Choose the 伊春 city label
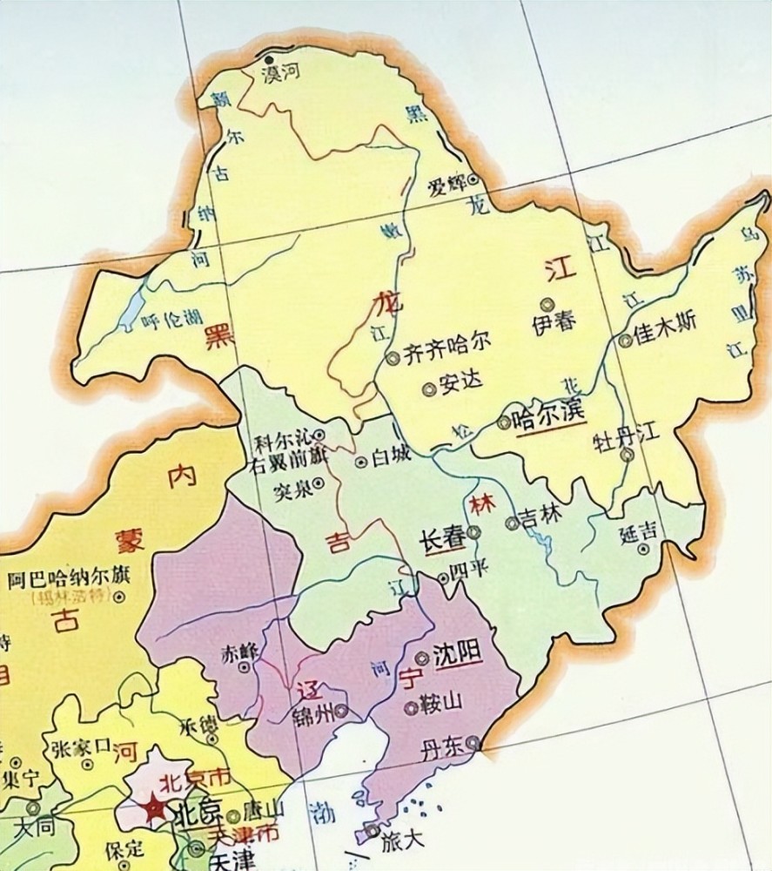pos(553,321)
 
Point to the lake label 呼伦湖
pos(171,321)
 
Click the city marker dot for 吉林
pos(512,523)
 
